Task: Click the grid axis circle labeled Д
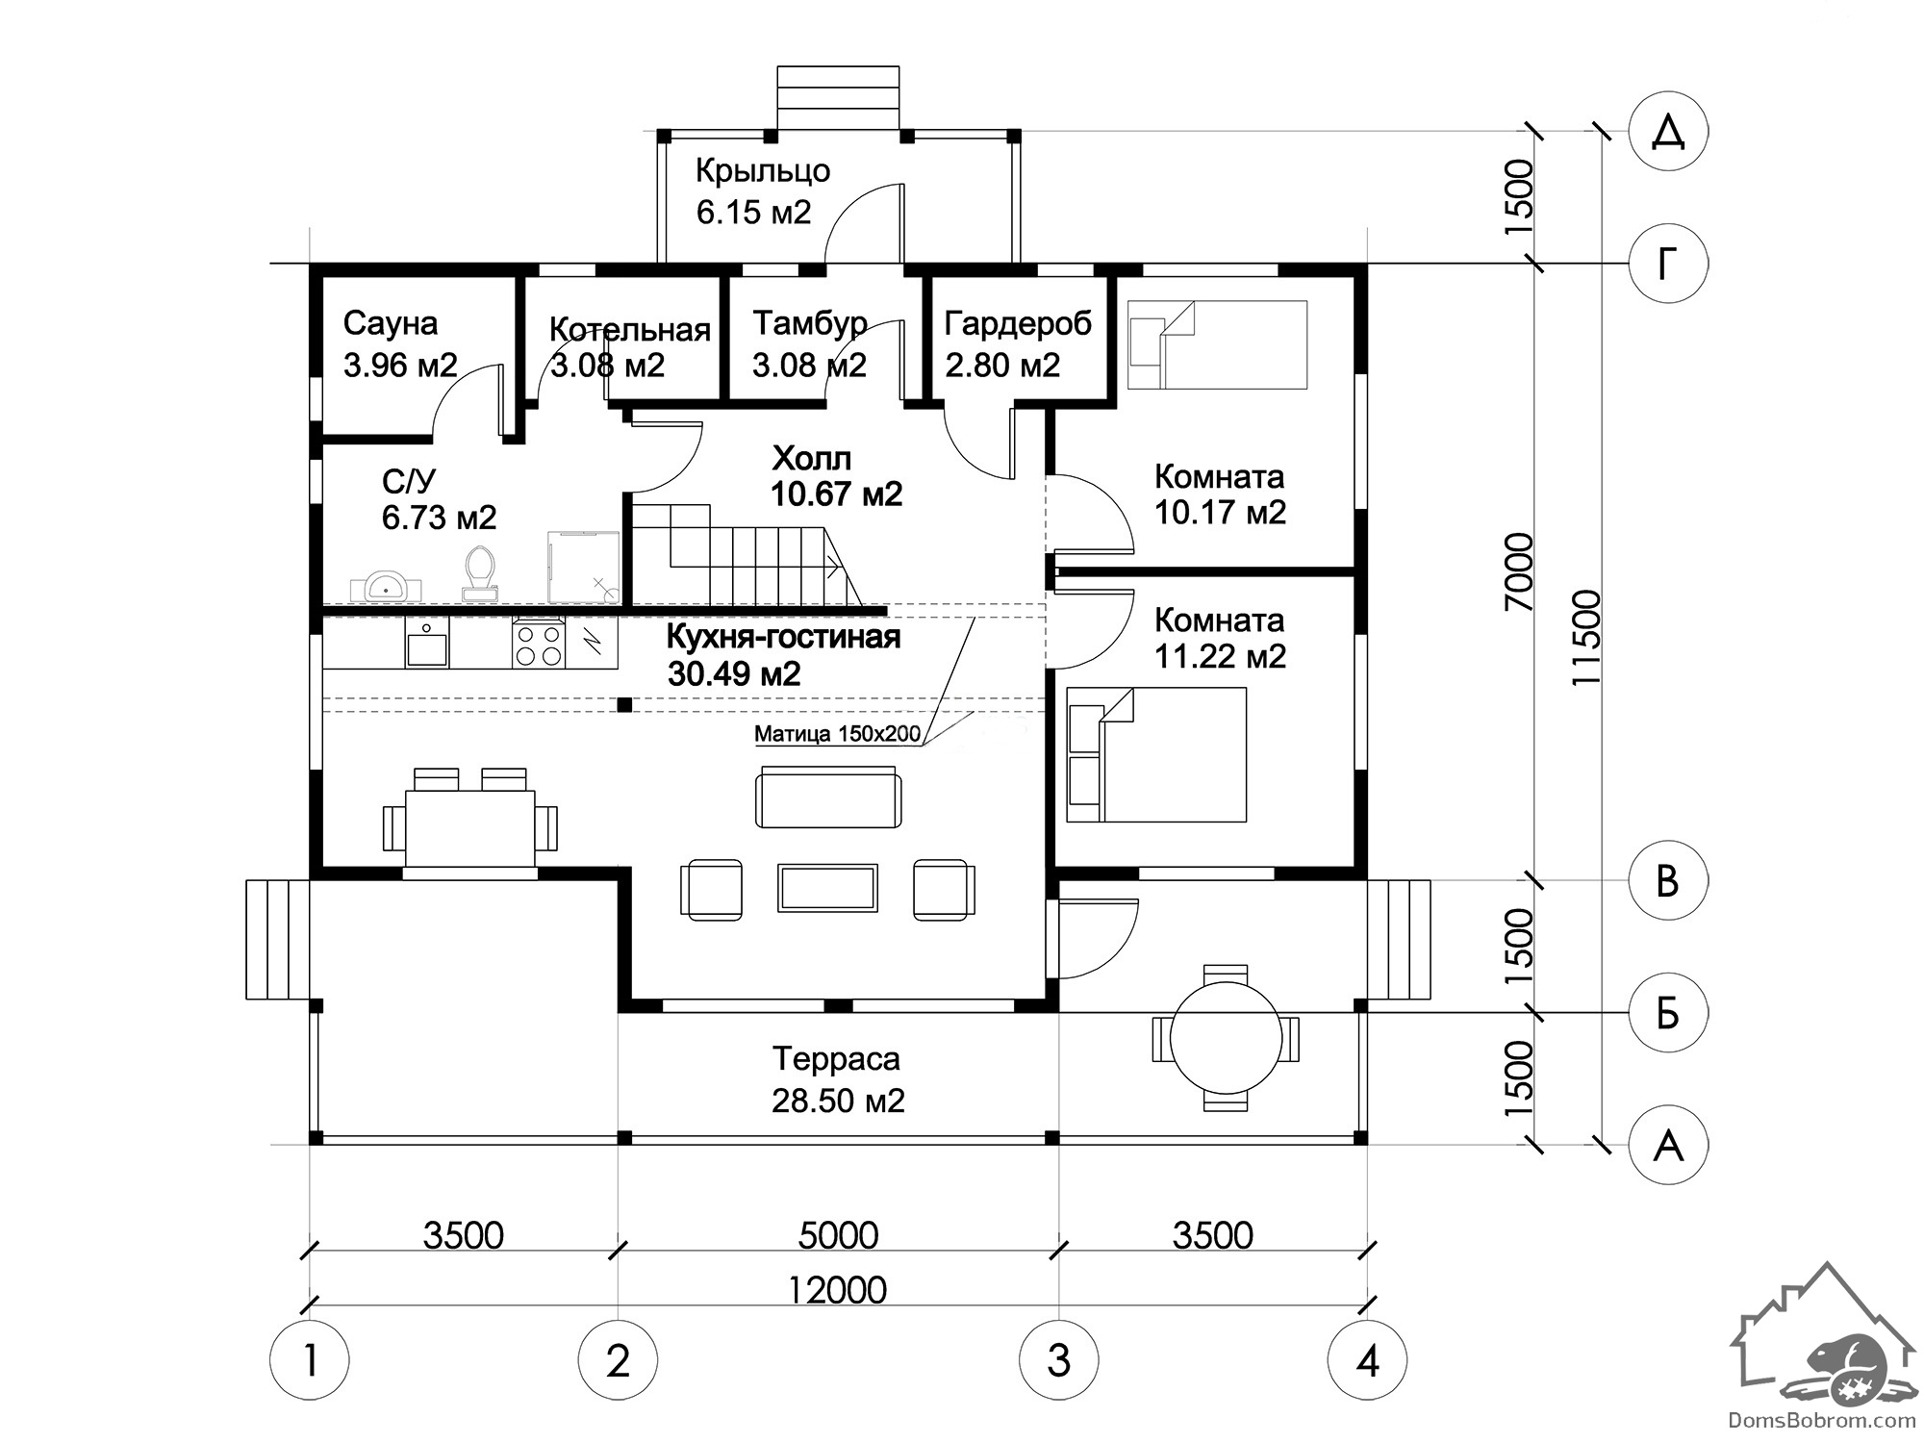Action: point(1668,133)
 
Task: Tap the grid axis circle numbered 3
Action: point(1059,1360)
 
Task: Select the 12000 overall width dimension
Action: point(837,1290)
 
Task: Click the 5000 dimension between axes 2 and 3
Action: point(838,1235)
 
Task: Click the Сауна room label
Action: point(391,323)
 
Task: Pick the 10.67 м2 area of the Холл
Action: point(836,494)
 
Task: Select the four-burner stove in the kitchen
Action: point(539,645)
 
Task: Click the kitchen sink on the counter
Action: point(426,643)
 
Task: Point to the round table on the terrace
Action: point(1226,1037)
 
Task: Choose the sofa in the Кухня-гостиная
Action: point(829,797)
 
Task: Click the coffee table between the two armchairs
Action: point(827,888)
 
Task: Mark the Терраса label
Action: point(836,1059)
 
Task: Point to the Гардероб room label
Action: point(1018,324)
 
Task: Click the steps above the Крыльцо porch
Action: point(838,97)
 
